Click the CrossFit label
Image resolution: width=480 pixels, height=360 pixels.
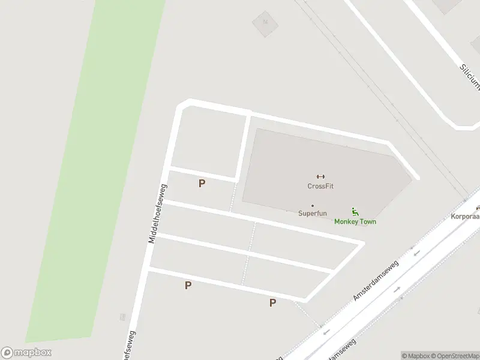pyautogui.click(x=320, y=186)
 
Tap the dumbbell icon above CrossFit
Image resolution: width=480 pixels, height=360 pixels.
pyautogui.click(x=320, y=176)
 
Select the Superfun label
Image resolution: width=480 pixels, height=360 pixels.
pyautogui.click(x=312, y=213)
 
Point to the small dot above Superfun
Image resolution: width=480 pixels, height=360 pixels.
pyautogui.click(x=312, y=206)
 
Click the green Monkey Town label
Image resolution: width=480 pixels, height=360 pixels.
pyautogui.click(x=355, y=221)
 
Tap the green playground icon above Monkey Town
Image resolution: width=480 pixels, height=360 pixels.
pyautogui.click(x=355, y=211)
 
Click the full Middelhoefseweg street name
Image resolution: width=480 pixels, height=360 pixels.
pyautogui.click(x=157, y=214)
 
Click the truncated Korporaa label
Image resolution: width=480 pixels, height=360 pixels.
pyautogui.click(x=466, y=215)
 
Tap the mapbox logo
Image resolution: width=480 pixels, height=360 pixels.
pyautogui.click(x=26, y=353)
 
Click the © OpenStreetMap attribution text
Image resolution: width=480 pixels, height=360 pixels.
pyautogui.click(x=454, y=356)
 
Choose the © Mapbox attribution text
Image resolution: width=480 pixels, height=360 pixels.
pyautogui.click(x=414, y=356)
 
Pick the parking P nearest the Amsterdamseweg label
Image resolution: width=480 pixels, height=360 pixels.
pyautogui.click(x=272, y=303)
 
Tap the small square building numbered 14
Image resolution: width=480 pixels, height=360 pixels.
pyautogui.click(x=264, y=24)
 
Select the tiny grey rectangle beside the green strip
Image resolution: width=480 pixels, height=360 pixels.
pyautogui.click(x=122, y=317)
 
